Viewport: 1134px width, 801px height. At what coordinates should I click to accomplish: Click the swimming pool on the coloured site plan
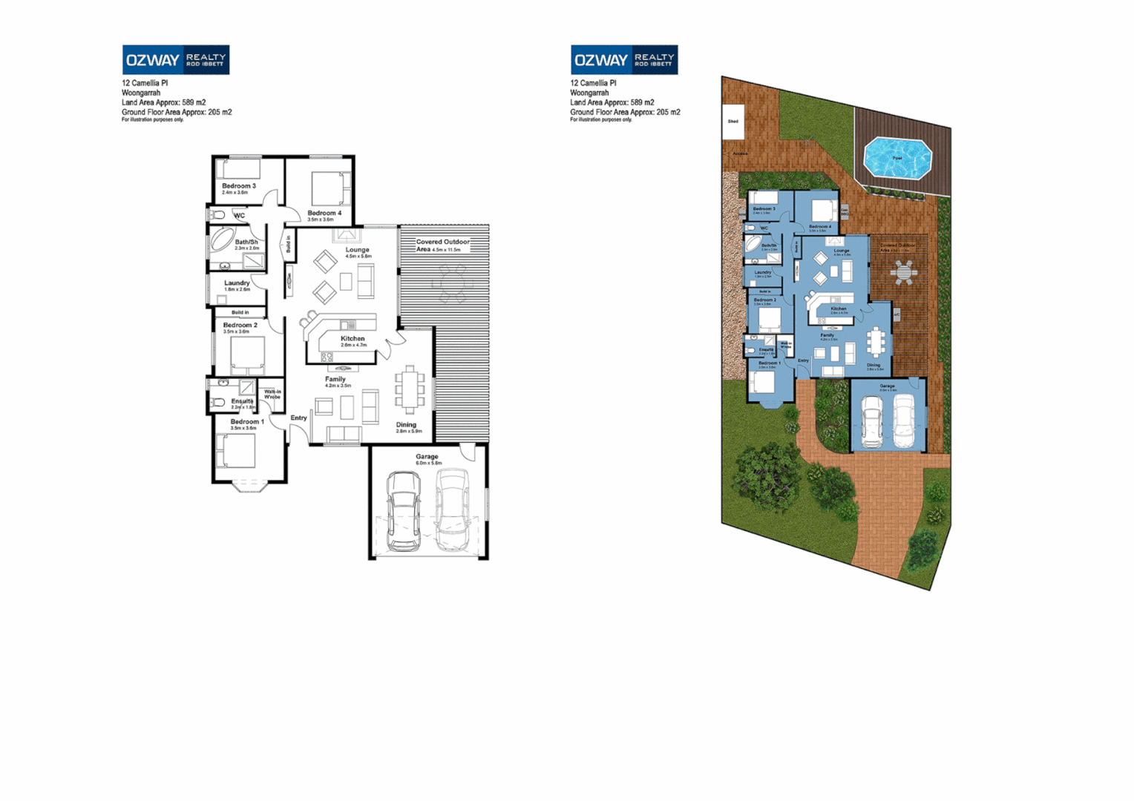(897, 158)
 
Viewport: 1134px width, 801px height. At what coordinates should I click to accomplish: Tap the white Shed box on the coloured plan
(733, 121)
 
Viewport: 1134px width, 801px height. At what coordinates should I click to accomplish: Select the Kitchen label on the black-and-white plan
(353, 338)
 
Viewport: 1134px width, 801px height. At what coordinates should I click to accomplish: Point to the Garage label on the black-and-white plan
(427, 457)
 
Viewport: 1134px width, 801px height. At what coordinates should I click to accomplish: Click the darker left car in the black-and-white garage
(403, 511)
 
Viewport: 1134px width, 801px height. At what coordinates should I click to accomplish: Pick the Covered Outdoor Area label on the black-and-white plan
(442, 245)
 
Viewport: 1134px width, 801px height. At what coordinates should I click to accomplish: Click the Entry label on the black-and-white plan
(298, 418)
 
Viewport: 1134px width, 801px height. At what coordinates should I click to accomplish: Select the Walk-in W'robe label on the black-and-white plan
(272, 394)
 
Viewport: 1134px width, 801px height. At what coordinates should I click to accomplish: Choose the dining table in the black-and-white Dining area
(410, 389)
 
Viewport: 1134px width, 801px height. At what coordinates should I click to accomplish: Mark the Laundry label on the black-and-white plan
(237, 283)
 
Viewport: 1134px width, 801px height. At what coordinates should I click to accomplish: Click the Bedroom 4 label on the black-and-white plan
(324, 213)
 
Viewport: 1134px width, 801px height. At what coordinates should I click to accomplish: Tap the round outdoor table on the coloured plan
(903, 272)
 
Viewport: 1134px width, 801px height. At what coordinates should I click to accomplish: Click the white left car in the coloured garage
(871, 421)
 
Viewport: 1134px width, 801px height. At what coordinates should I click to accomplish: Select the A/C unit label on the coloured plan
(897, 314)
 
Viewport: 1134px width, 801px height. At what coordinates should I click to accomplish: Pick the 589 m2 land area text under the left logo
(194, 102)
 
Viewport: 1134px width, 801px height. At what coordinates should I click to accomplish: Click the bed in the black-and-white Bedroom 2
(247, 355)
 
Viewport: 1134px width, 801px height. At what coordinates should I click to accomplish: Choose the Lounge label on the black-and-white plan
(357, 250)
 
